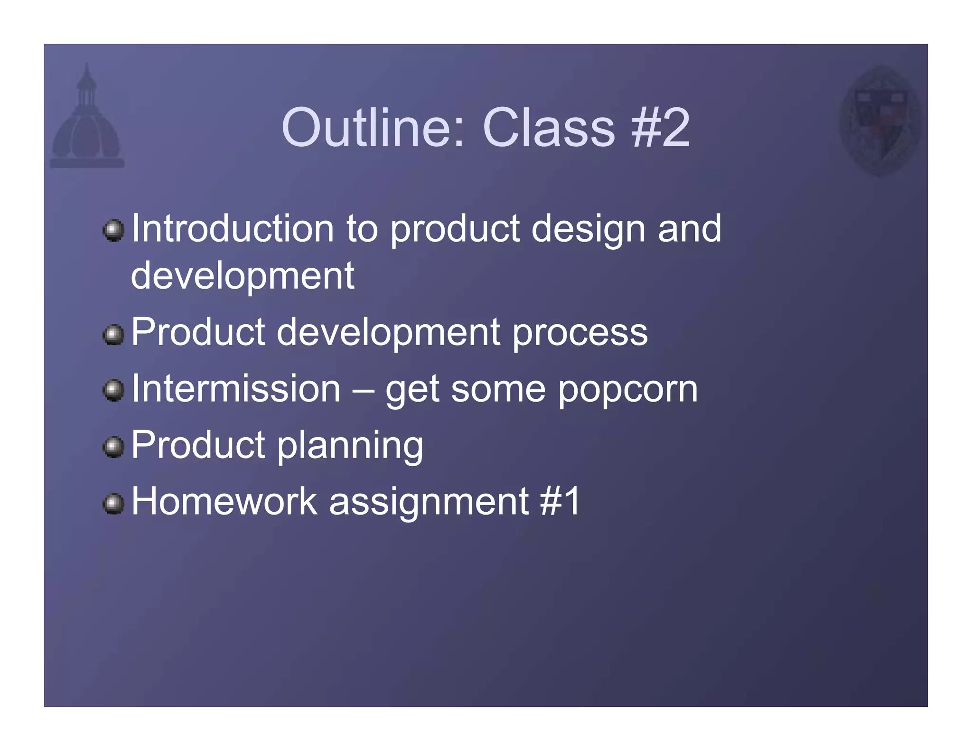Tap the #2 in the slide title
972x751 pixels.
[x=661, y=128]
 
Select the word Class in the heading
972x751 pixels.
[x=549, y=128]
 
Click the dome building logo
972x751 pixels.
[x=87, y=119]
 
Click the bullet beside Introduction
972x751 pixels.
[x=113, y=231]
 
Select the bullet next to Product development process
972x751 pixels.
[x=113, y=335]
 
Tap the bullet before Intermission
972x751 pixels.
[x=113, y=391]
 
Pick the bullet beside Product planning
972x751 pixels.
[x=113, y=447]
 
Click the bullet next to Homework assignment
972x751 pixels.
[x=113, y=504]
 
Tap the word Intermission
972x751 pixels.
[x=236, y=389]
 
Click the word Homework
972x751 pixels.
[x=224, y=501]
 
